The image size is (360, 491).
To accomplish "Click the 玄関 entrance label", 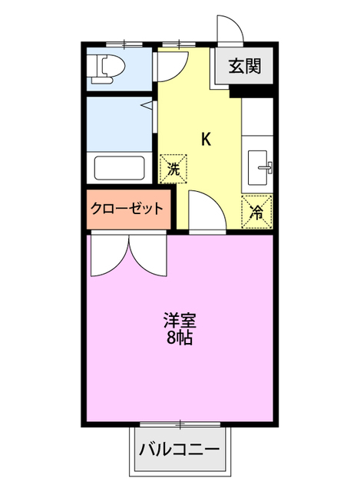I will click(243, 66).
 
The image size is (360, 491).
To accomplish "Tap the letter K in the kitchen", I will click(206, 139).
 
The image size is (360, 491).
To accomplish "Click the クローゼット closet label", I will click(127, 208).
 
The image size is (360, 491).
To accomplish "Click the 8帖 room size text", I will click(178, 336).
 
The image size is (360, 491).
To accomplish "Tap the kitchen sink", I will click(261, 166).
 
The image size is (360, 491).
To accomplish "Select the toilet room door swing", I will click(171, 66).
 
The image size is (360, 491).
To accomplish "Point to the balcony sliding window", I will click(181, 423).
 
